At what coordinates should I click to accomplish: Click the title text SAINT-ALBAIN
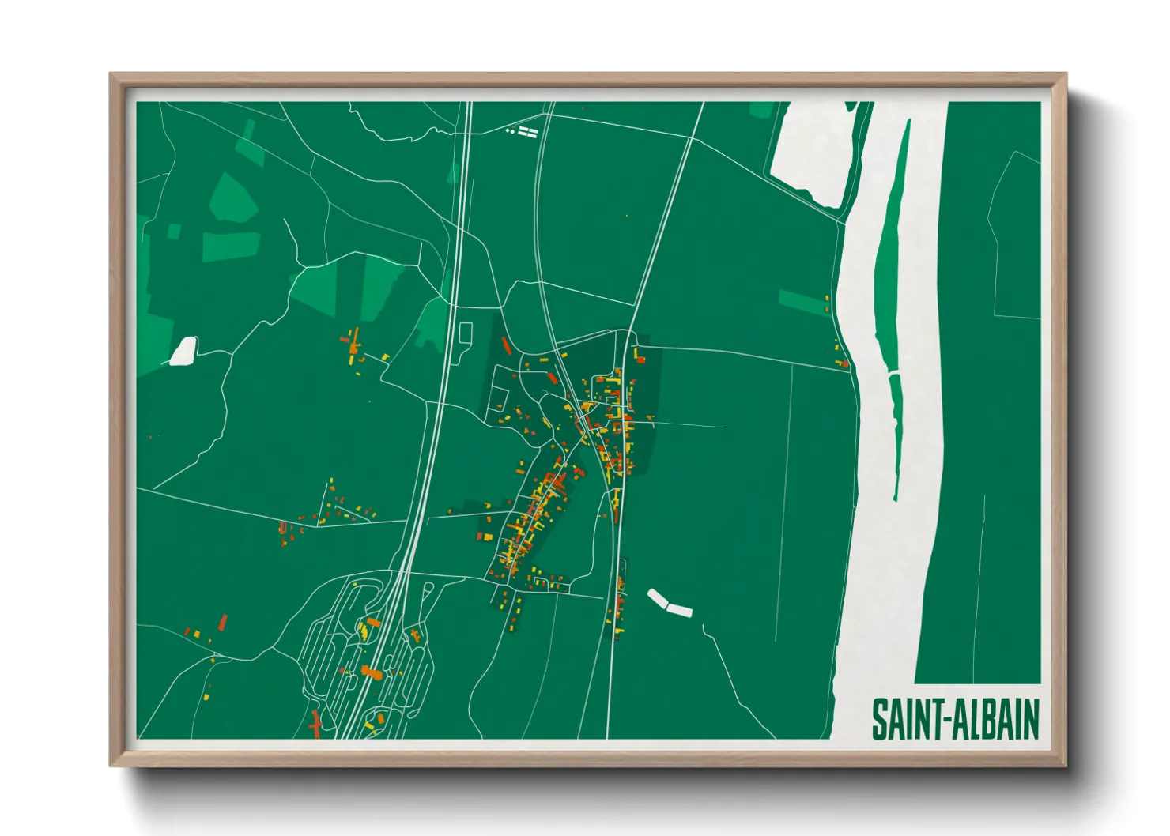(x=955, y=719)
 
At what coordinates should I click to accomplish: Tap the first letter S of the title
(x=879, y=719)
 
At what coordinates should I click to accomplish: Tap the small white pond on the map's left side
(x=183, y=352)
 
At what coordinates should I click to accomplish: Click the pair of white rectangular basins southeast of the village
(x=670, y=603)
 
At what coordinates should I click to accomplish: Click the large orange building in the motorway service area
(x=371, y=672)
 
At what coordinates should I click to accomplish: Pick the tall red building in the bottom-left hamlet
(x=223, y=622)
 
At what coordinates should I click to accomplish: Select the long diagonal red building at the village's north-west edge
(x=506, y=346)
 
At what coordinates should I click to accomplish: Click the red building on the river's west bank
(x=844, y=363)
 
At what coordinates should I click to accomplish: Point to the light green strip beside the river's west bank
(x=802, y=300)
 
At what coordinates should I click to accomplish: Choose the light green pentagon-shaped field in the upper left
(x=234, y=198)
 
